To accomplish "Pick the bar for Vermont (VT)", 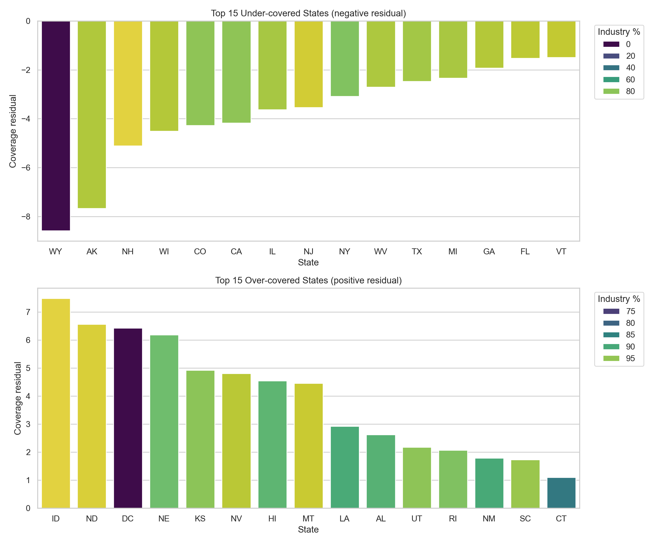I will (561, 39).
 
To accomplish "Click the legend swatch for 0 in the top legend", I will (611, 44).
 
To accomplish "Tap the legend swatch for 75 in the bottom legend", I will (611, 311).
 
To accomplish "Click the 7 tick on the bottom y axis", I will (28, 312).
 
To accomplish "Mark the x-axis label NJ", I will (308, 252).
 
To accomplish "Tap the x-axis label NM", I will (489, 518).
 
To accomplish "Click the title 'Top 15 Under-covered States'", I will (308, 13).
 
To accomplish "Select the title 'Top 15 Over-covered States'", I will (308, 280).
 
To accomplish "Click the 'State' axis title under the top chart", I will (308, 262).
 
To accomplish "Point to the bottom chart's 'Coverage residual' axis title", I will (18, 398).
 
